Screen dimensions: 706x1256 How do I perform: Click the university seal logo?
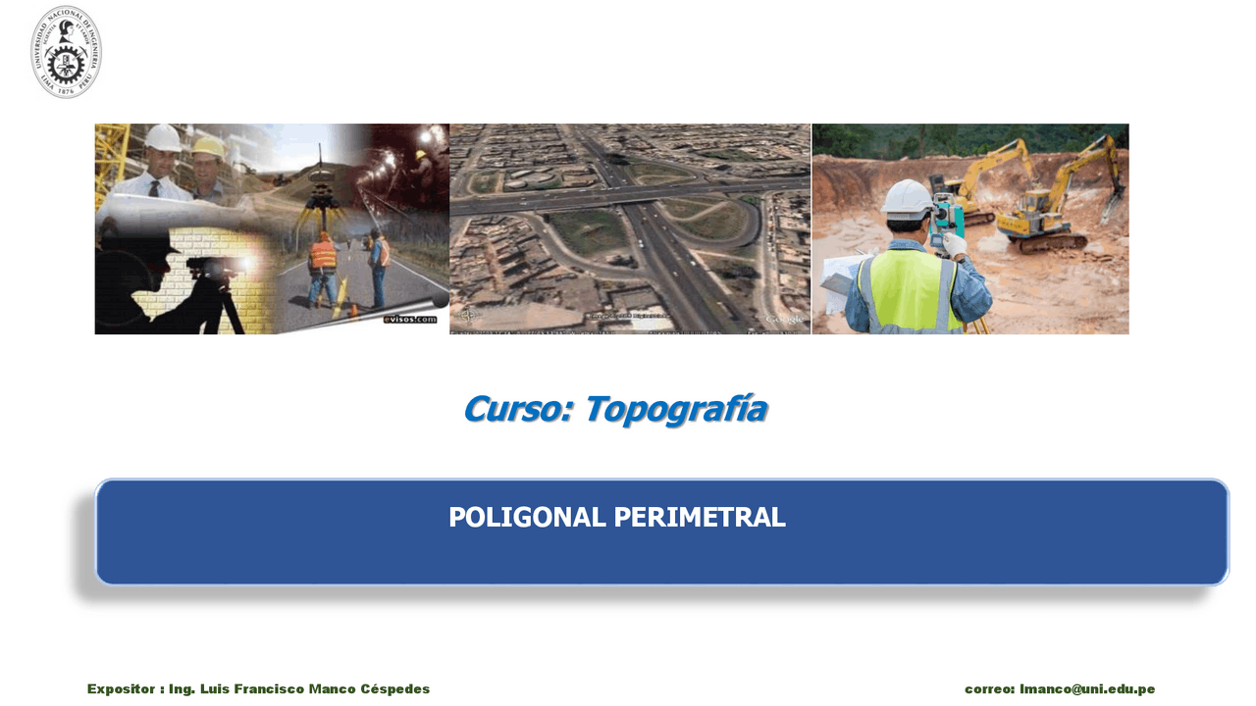66,52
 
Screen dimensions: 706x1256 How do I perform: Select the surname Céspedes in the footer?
394,689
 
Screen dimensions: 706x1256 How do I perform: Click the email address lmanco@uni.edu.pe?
1087,689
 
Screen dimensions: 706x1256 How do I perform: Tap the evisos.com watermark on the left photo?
410,319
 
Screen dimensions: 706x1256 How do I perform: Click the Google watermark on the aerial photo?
784,320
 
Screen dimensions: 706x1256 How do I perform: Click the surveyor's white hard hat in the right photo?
907,199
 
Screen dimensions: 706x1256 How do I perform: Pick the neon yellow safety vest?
910,290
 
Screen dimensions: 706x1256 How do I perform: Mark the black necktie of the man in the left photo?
154,188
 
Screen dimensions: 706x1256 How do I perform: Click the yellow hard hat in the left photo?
209,147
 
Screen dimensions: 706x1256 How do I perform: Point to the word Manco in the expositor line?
332,689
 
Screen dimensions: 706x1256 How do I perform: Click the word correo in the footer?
989,689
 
